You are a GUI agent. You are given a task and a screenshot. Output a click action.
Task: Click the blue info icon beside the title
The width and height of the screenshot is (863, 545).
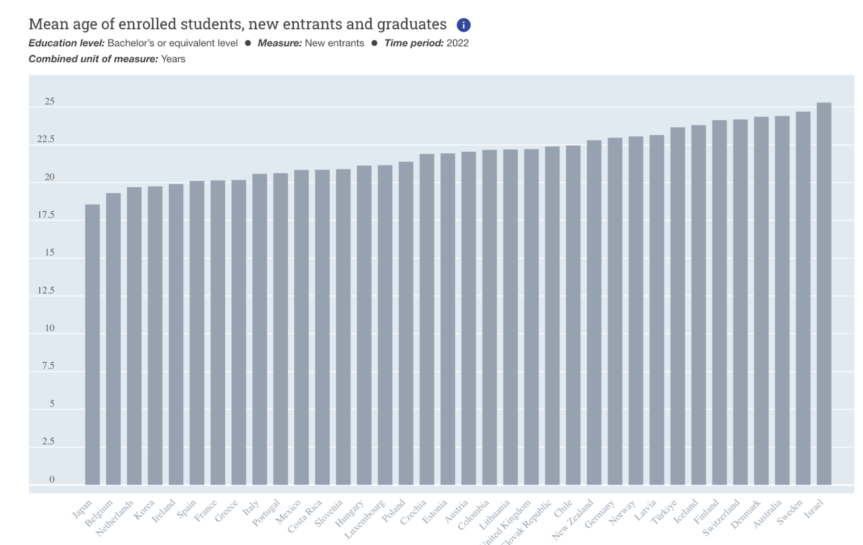point(463,25)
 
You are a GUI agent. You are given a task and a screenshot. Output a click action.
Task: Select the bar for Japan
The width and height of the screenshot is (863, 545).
point(92,344)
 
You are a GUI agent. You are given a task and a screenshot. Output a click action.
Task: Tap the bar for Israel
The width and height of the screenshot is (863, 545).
point(824,294)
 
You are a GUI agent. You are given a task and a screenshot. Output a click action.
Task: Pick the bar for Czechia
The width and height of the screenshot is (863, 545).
point(427,319)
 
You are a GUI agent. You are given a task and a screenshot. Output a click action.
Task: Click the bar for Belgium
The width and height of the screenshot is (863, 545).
point(113,339)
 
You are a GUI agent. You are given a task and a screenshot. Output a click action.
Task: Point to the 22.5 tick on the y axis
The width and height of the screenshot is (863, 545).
point(46,140)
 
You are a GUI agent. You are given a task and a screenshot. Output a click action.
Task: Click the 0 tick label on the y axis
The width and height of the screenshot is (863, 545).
point(52,480)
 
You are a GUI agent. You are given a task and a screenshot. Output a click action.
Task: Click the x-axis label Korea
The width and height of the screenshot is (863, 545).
point(144,510)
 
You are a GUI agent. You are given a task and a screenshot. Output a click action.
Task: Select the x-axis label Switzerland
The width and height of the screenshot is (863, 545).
point(721,517)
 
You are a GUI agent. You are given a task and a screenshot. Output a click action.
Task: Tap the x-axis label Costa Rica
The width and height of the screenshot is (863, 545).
point(305,516)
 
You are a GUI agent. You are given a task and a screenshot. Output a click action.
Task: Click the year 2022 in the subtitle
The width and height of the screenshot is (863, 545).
point(457,43)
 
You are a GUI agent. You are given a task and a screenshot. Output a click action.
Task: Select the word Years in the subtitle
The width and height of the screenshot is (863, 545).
point(173,59)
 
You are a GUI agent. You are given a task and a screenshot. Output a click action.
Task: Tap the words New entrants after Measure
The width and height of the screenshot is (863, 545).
point(335,43)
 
